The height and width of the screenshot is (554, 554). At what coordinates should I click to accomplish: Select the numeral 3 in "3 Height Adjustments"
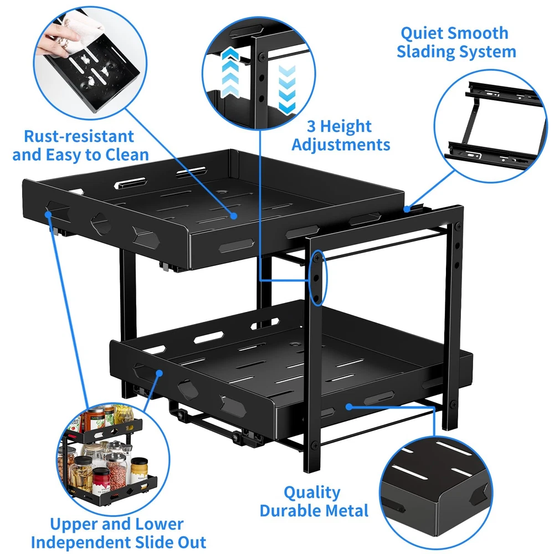[x=311, y=126]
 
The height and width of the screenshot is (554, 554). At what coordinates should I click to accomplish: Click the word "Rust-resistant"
[x=79, y=136]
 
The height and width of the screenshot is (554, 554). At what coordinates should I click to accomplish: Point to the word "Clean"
[x=127, y=155]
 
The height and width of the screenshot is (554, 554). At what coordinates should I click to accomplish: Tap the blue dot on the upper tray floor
[x=233, y=215]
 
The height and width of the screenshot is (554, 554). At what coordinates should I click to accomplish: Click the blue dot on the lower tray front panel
[x=349, y=407]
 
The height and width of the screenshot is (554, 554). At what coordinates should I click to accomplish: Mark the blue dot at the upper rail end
[x=407, y=209]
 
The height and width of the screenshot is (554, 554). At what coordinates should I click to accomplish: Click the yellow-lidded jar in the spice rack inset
[x=138, y=469]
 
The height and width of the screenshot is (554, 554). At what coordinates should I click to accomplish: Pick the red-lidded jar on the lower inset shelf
[x=101, y=479]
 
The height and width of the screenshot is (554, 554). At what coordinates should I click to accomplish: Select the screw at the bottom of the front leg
[x=314, y=444]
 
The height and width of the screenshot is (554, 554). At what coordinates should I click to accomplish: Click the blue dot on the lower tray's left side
[x=160, y=373]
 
